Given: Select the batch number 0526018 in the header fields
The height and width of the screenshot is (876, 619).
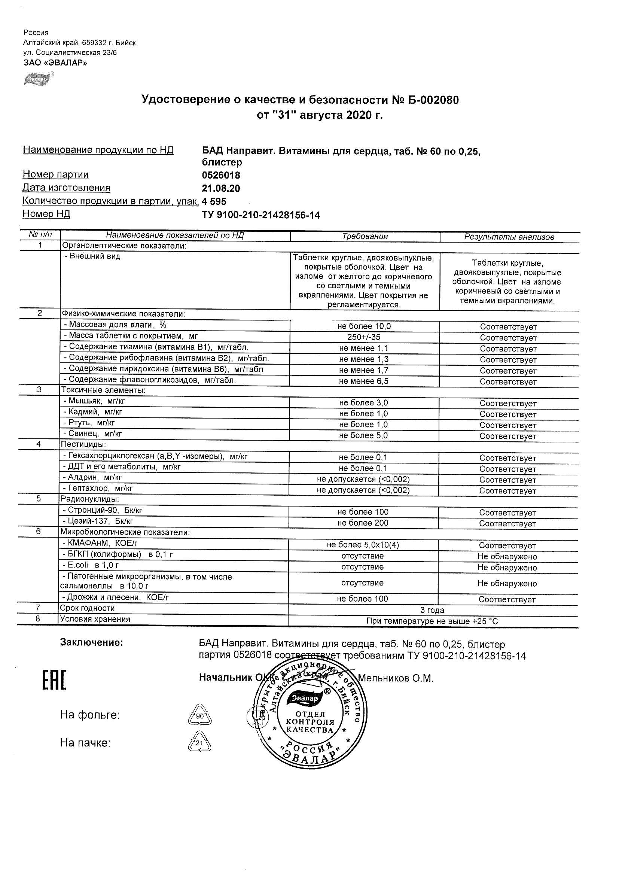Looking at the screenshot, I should (x=221, y=176).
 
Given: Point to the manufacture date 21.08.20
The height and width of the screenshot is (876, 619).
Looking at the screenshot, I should (x=221, y=188).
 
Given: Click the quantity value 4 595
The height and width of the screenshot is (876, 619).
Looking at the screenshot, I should (x=214, y=201).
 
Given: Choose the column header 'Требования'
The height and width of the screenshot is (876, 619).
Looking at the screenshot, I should (x=365, y=237).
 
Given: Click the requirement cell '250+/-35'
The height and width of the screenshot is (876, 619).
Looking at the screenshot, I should (x=364, y=337).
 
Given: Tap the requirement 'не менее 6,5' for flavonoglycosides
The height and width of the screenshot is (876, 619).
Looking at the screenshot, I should (x=364, y=381).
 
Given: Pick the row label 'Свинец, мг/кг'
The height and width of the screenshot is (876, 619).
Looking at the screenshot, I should (x=93, y=434).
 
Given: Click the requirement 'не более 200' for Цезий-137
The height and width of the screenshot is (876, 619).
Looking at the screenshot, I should (x=363, y=523).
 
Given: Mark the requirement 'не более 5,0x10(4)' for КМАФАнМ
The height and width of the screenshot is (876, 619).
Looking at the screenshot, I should (x=363, y=545).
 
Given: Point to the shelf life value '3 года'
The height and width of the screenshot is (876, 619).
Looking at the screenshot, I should (x=432, y=610).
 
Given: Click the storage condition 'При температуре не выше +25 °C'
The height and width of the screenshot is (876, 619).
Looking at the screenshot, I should (x=432, y=621).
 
